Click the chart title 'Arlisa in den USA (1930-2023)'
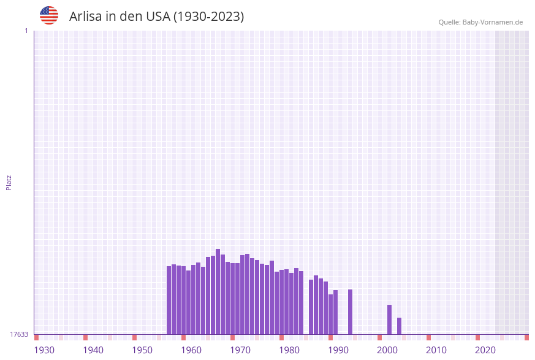156,17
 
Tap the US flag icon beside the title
49,15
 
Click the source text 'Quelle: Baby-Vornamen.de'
480,22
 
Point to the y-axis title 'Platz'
9,182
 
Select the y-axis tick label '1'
26,31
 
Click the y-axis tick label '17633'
19,334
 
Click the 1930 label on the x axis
44,350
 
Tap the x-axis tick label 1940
93,350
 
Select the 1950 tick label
142,350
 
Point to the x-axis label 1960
191,350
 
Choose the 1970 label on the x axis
240,350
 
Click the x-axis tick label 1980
289,350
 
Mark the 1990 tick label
338,350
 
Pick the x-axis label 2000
387,350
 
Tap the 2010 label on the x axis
436,350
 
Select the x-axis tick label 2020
485,350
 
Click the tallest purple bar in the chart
218,291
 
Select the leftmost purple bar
169,300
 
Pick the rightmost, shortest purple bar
400,326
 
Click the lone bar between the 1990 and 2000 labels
351,312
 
